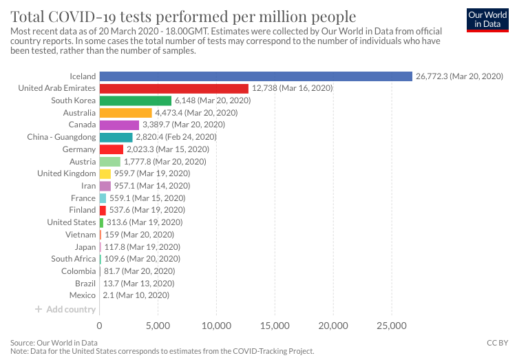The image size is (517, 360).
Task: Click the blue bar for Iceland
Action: tap(255, 76)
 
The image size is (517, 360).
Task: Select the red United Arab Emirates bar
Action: tap(173, 88)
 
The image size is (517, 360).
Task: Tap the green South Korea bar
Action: tap(135, 100)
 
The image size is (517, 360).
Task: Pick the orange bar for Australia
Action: tap(125, 113)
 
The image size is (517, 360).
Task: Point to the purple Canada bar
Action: tap(119, 125)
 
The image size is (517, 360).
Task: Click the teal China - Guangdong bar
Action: tap(116, 137)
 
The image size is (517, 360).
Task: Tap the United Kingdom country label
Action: tap(66, 173)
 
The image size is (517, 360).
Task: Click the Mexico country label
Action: tap(82, 295)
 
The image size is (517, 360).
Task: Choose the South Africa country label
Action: tap(73, 259)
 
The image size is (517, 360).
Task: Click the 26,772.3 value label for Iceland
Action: tap(459, 76)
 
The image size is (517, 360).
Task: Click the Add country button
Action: tap(65, 309)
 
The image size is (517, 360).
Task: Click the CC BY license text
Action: tap(498, 342)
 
